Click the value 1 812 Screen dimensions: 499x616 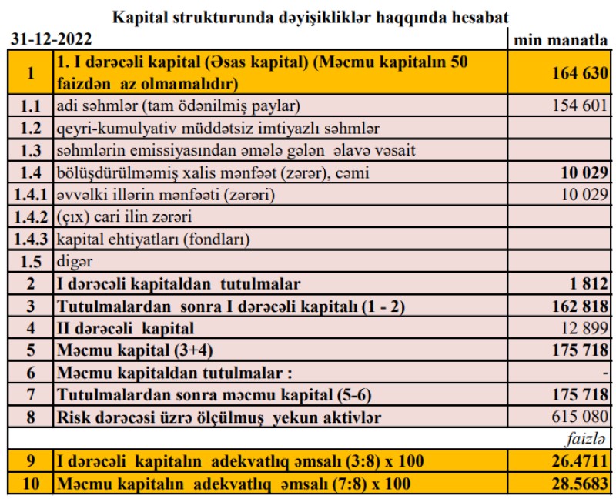click(x=590, y=284)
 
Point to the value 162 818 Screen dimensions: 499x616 click(x=581, y=306)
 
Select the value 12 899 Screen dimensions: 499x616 click(x=584, y=329)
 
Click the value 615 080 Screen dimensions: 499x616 click(x=581, y=418)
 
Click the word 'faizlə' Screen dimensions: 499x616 click(x=587, y=440)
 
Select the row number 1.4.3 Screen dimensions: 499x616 click(x=28, y=239)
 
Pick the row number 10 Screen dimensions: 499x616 click(x=30, y=485)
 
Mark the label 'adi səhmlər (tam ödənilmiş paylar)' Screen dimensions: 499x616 click(x=178, y=105)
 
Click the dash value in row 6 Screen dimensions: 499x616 click(x=606, y=373)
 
